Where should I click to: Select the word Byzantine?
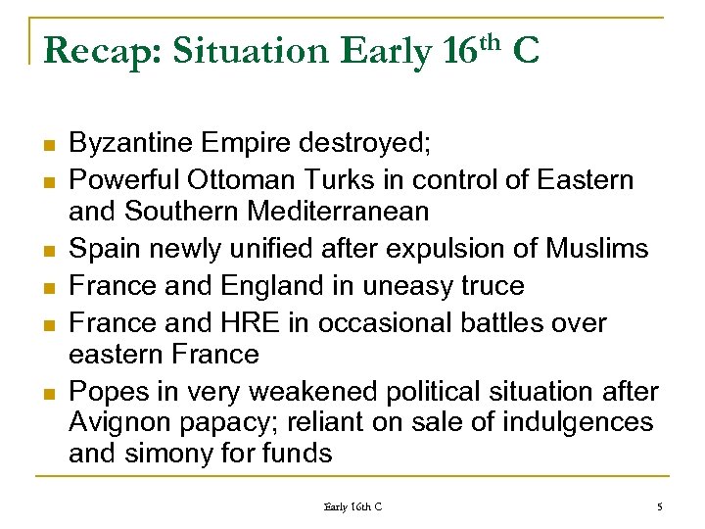pyautogui.click(x=133, y=145)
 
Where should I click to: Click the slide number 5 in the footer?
pyautogui.click(x=659, y=506)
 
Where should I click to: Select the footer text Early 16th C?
pyautogui.click(x=352, y=506)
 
